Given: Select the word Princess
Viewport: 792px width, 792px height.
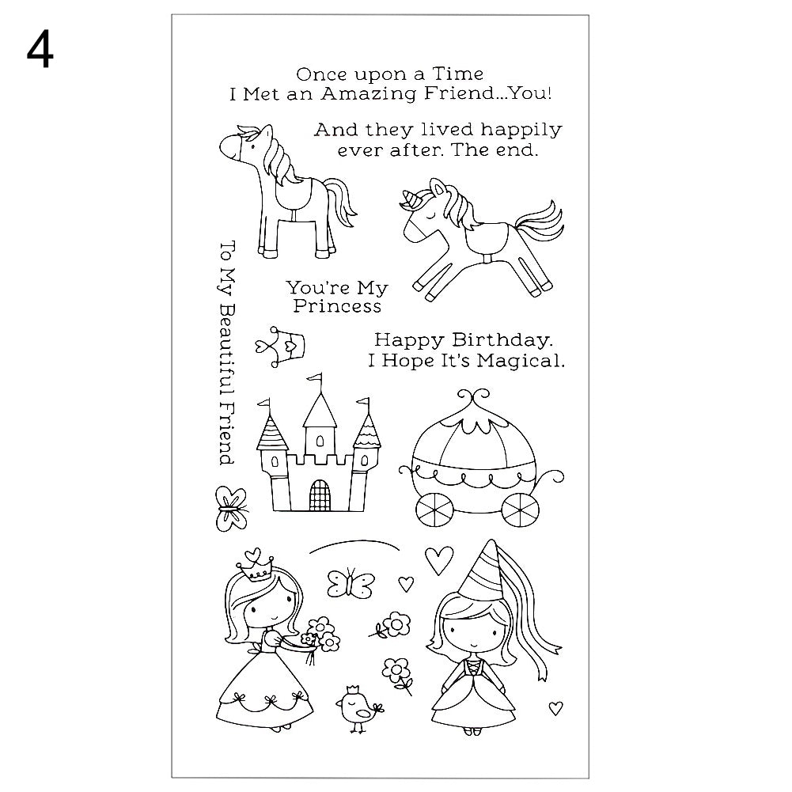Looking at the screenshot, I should pos(337,306).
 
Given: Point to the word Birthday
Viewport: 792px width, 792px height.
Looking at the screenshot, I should pos(501,340).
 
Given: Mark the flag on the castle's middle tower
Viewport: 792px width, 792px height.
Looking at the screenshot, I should pos(316,378).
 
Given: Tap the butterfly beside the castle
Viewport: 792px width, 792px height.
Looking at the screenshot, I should pos(229,508).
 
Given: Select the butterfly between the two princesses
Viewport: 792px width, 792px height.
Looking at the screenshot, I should pos(351,583).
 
